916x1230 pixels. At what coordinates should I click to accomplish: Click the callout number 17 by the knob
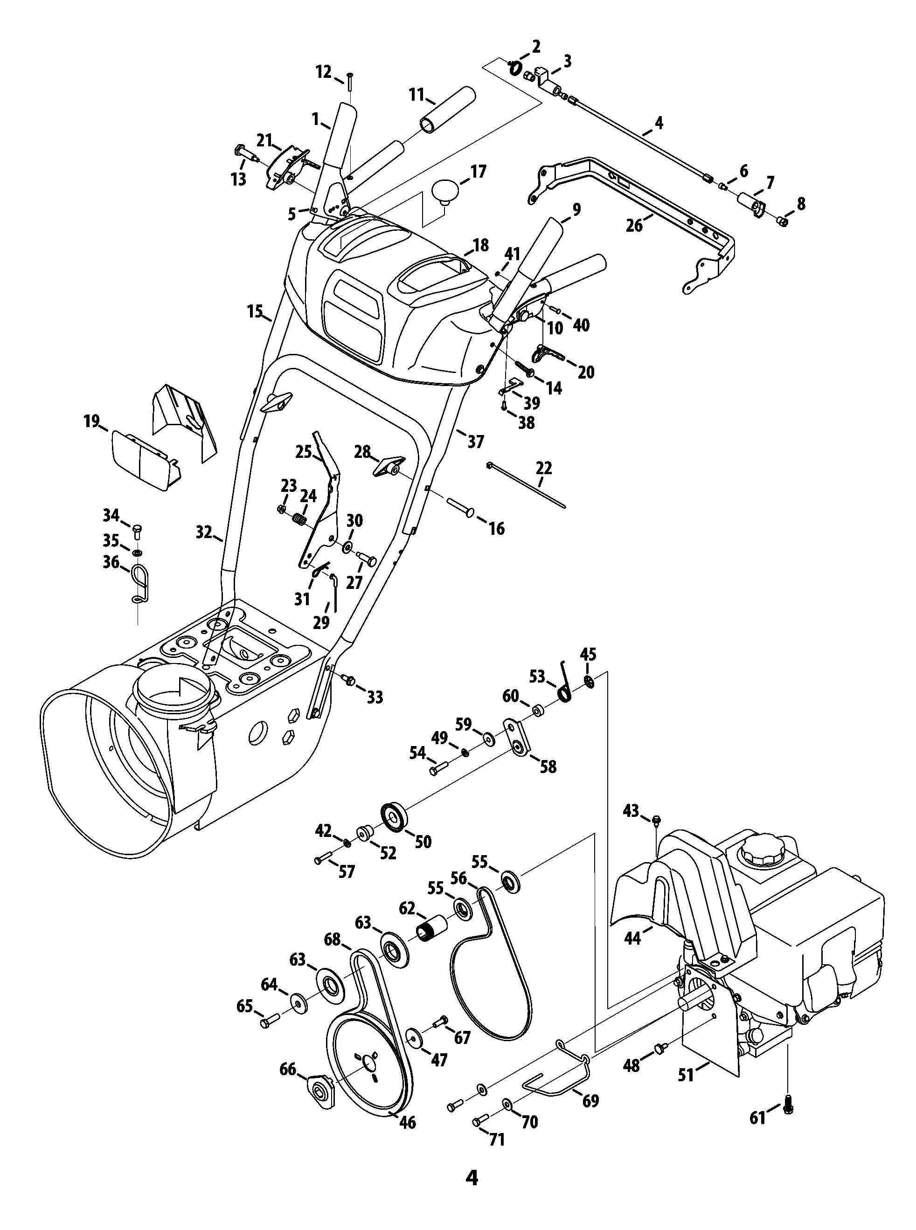478,172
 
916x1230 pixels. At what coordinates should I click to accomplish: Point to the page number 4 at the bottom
472,1189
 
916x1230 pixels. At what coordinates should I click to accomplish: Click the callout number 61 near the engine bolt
757,1118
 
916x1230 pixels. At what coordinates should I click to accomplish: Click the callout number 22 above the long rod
544,469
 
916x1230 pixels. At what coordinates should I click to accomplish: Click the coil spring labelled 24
300,520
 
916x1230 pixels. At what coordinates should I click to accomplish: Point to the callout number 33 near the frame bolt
375,698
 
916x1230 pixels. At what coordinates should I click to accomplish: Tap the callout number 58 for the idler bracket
548,767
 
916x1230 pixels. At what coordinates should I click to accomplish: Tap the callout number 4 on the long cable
659,123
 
